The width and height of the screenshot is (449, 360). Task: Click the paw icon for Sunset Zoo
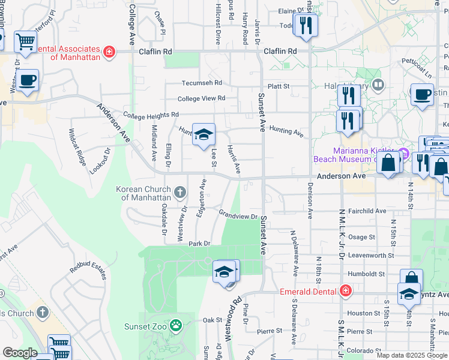click(x=175, y=326)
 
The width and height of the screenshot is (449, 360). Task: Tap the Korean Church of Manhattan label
click(x=144, y=193)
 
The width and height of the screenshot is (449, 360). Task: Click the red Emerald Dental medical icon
click(x=345, y=292)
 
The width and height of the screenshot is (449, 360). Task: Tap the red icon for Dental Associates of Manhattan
click(x=109, y=52)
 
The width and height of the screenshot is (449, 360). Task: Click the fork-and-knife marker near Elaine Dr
click(x=306, y=26)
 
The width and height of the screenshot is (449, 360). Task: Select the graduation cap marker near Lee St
click(x=203, y=134)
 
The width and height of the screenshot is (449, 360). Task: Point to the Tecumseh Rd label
click(x=202, y=83)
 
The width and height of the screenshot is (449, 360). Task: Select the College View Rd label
click(x=201, y=98)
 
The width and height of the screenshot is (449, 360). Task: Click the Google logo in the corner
click(x=20, y=353)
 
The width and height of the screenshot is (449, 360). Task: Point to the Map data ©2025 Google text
click(x=412, y=355)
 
